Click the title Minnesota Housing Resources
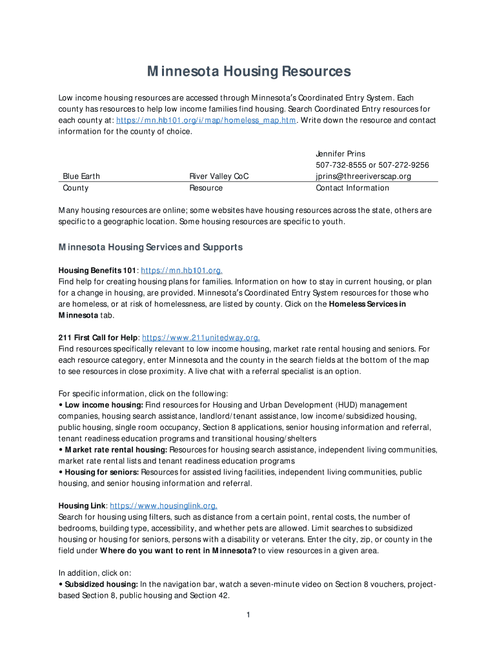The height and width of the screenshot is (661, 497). pyautogui.click(x=249, y=71)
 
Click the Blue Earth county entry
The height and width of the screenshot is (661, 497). pyautogui.click(x=81, y=176)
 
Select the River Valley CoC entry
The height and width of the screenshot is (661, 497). pyautogui.click(x=219, y=176)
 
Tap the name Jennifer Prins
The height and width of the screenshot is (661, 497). pyautogui.click(x=340, y=154)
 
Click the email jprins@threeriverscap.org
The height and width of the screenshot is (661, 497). pyautogui.click(x=363, y=176)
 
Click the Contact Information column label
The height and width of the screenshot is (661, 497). pyautogui.click(x=352, y=188)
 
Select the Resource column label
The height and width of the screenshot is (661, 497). pyautogui.click(x=205, y=188)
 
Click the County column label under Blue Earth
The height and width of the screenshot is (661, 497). pyautogui.click(x=76, y=188)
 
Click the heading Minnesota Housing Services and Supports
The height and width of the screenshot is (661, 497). pyautogui.click(x=150, y=247)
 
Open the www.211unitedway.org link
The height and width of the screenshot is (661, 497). pyautogui.click(x=201, y=338)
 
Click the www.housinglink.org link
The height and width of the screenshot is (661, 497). pyautogui.click(x=163, y=506)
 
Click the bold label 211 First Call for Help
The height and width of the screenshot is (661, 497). pyautogui.click(x=98, y=338)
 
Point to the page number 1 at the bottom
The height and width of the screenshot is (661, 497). pyautogui.click(x=248, y=614)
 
